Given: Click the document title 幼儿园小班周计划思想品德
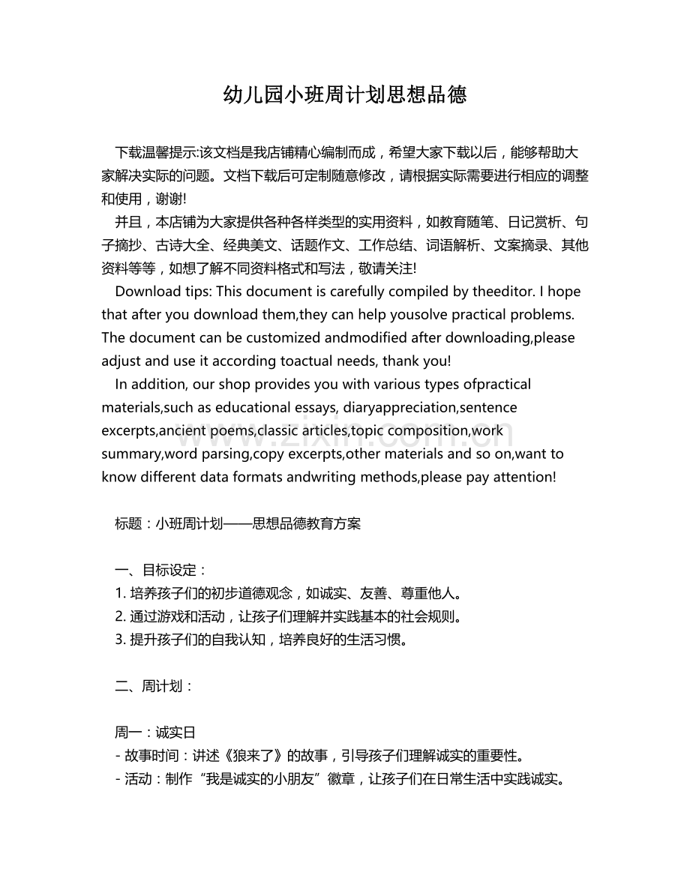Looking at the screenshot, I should pos(345,95).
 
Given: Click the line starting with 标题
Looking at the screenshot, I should pos(238,524).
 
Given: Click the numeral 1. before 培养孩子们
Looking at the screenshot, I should pos(120,594).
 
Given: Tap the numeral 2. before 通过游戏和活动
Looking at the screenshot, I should pos(120,617).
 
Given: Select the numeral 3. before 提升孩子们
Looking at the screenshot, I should pos(120,640).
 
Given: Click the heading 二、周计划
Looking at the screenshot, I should pos(154,686).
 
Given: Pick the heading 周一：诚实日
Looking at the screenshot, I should pos(154,733).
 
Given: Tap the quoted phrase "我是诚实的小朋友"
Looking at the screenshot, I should pos(265,779).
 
